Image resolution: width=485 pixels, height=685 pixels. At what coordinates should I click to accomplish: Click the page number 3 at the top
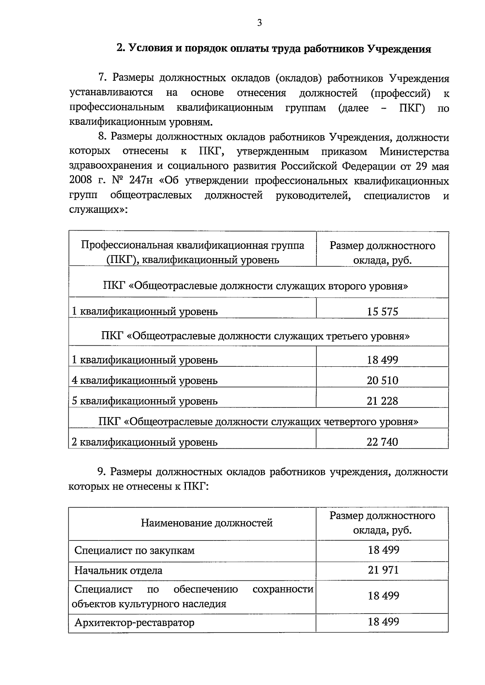pyautogui.click(x=259, y=23)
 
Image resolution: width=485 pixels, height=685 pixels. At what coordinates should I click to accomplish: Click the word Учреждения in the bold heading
pyautogui.click(x=399, y=49)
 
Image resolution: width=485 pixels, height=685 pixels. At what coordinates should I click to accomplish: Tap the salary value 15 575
pyautogui.click(x=382, y=311)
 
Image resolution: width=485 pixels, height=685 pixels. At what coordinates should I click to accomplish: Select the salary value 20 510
pyautogui.click(x=382, y=380)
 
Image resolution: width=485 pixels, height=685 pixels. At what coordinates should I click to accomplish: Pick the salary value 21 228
pyautogui.click(x=382, y=401)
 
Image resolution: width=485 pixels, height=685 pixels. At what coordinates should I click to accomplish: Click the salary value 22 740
pyautogui.click(x=382, y=442)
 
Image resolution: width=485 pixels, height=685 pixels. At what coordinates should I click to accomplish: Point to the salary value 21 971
pyautogui.click(x=383, y=570)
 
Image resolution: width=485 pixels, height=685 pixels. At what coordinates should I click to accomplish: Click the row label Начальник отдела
pyautogui.click(x=118, y=571)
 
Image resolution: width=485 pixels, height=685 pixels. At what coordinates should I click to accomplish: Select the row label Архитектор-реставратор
pyautogui.click(x=134, y=622)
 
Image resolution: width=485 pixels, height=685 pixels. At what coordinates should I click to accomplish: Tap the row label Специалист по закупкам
pyautogui.click(x=135, y=551)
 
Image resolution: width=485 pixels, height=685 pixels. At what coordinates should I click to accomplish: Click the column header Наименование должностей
pyautogui.click(x=207, y=523)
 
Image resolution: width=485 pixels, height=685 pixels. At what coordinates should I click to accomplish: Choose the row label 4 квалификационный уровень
pyautogui.click(x=145, y=380)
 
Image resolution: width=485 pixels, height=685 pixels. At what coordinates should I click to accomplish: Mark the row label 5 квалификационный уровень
pyautogui.click(x=145, y=401)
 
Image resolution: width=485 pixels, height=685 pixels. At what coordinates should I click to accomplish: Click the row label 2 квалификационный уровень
pyautogui.click(x=145, y=442)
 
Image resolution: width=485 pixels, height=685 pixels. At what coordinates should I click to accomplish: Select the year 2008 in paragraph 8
pyautogui.click(x=81, y=181)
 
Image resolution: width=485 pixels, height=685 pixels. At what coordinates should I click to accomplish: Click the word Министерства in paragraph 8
pyautogui.click(x=414, y=152)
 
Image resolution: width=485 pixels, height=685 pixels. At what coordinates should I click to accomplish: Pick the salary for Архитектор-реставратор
pyautogui.click(x=383, y=622)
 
